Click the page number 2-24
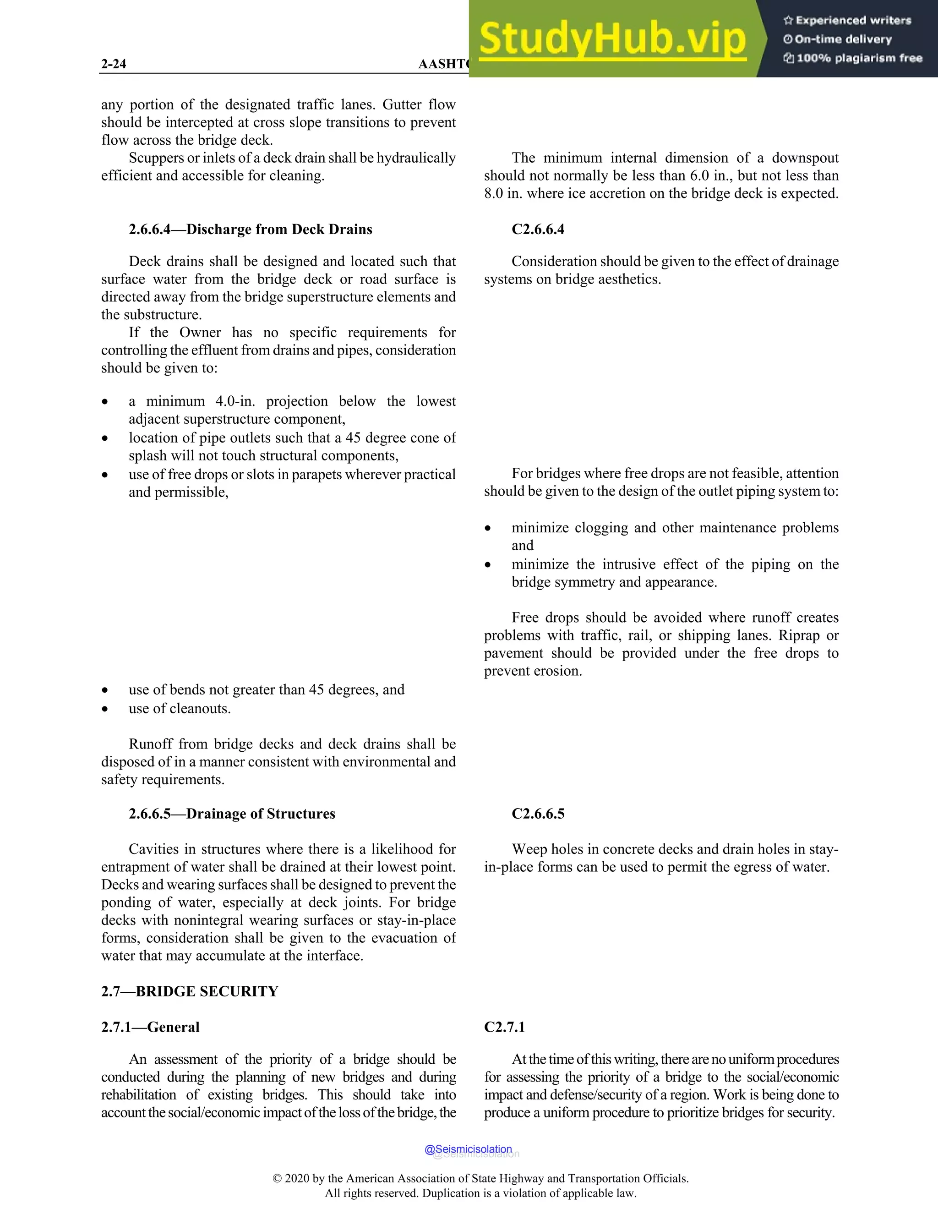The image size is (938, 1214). [x=114, y=64]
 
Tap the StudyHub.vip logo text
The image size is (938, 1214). [x=612, y=39]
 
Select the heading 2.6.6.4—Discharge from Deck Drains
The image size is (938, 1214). [x=250, y=229]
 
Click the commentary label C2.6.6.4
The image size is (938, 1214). [x=537, y=229]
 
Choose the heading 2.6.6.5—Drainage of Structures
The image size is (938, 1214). [x=232, y=813]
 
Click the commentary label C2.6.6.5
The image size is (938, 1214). [x=537, y=813]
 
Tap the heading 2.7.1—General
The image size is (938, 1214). [x=150, y=1027]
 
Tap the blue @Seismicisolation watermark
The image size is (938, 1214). [x=468, y=1149]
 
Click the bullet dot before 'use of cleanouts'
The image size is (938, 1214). [x=104, y=709]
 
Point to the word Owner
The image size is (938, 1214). [x=200, y=333]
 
